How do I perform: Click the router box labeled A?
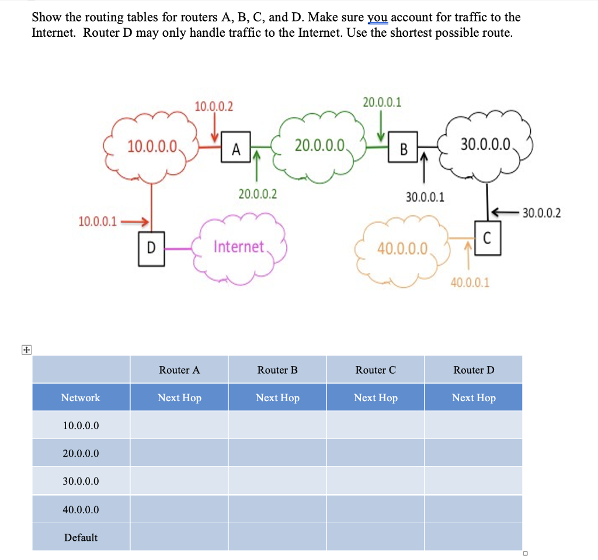pos(236,149)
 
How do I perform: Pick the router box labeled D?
pos(151,248)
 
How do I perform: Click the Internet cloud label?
pos(239,246)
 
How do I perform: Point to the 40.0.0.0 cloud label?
pos(402,249)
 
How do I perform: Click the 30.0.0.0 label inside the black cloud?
pos(486,144)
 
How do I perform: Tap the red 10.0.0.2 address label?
pos(213,106)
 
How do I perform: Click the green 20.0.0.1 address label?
pos(382,103)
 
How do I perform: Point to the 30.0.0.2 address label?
pos(541,213)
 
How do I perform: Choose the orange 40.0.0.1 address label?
pos(470,283)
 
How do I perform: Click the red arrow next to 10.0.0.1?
pos(135,221)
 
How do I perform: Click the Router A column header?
pos(179,370)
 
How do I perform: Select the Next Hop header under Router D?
pos(474,398)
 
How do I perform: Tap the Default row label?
pos(81,537)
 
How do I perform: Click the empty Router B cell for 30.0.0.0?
pos(277,481)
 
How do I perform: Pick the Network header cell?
pos(81,398)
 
